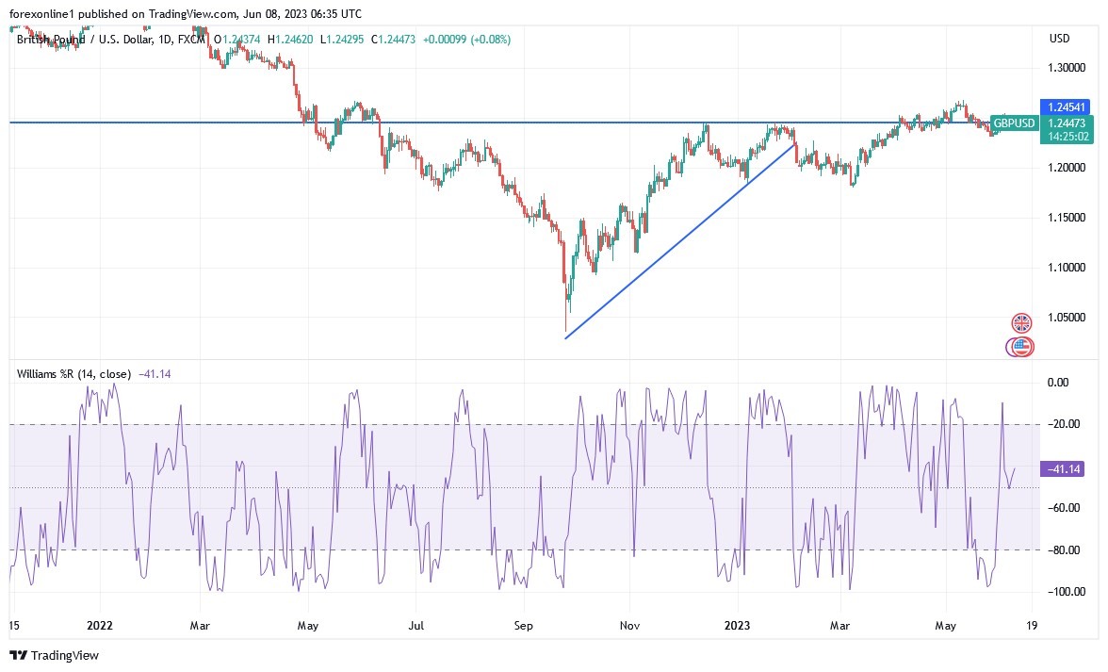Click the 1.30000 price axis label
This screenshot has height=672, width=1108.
pyautogui.click(x=1066, y=69)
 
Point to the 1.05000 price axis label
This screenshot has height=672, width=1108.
pyautogui.click(x=1066, y=318)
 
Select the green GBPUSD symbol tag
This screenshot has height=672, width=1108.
pyautogui.click(x=1014, y=123)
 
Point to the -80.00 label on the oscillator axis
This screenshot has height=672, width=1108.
pyautogui.click(x=1063, y=549)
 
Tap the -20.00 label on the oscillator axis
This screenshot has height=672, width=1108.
pyautogui.click(x=1063, y=424)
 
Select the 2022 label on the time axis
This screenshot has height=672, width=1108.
pyautogui.click(x=99, y=625)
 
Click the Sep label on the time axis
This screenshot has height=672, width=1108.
pyautogui.click(x=524, y=625)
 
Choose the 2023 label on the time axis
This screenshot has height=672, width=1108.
pyautogui.click(x=738, y=625)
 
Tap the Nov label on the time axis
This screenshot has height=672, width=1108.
pyautogui.click(x=631, y=625)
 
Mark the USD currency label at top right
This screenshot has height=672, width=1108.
pyautogui.click(x=1060, y=39)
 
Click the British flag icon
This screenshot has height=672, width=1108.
pyautogui.click(x=1022, y=323)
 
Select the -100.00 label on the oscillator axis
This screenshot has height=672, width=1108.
pyautogui.click(x=1063, y=591)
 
